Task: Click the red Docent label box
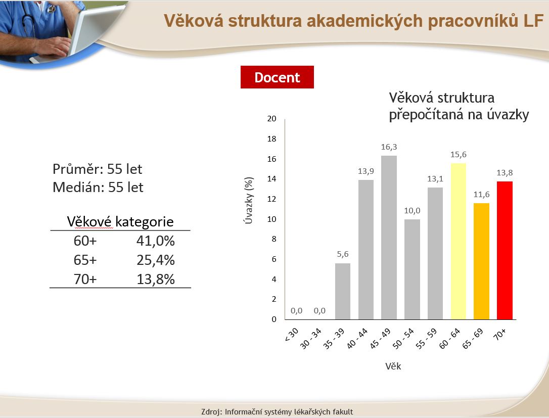[x=277, y=77]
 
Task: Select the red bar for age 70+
[x=505, y=250]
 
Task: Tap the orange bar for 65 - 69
[x=481, y=261]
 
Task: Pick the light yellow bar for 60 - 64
[x=459, y=241]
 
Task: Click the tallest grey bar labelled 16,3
[x=389, y=238]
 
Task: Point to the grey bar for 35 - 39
[x=343, y=291]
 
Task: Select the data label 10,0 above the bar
[x=412, y=210]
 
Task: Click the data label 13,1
[x=435, y=179]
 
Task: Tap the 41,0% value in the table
[x=156, y=241]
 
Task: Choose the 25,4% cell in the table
[x=156, y=260]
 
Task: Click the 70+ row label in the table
[x=85, y=279]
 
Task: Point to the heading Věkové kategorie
[x=120, y=221]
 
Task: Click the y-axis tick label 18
[x=271, y=138]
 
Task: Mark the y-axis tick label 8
[x=274, y=239]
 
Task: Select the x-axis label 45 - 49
[x=380, y=339]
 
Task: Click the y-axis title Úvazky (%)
[x=249, y=200]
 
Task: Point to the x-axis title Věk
[x=393, y=366]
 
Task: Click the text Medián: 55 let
[x=98, y=188]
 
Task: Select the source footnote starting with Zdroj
[x=277, y=412]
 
